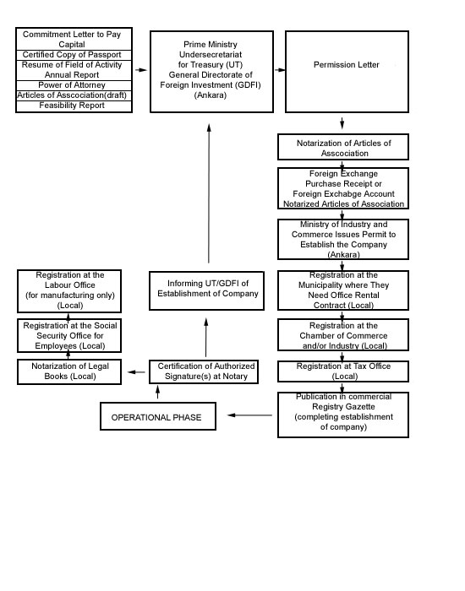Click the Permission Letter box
347,72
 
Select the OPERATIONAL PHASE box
158,416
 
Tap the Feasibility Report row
74,106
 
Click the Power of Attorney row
74,85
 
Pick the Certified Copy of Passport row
74,55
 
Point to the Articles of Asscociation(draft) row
74,95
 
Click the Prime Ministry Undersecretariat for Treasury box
211,72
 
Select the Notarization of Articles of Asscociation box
343,147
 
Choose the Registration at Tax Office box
343,371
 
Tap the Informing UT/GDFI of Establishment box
206,290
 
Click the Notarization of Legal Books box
69,371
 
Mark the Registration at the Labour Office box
69,291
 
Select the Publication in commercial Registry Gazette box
343,415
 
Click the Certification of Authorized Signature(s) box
204,371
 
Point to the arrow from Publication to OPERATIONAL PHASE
249,415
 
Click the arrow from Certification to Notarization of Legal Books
136,372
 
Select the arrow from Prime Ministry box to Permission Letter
280,70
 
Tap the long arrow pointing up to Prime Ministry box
209,193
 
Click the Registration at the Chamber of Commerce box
343,334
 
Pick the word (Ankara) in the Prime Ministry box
211,95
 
